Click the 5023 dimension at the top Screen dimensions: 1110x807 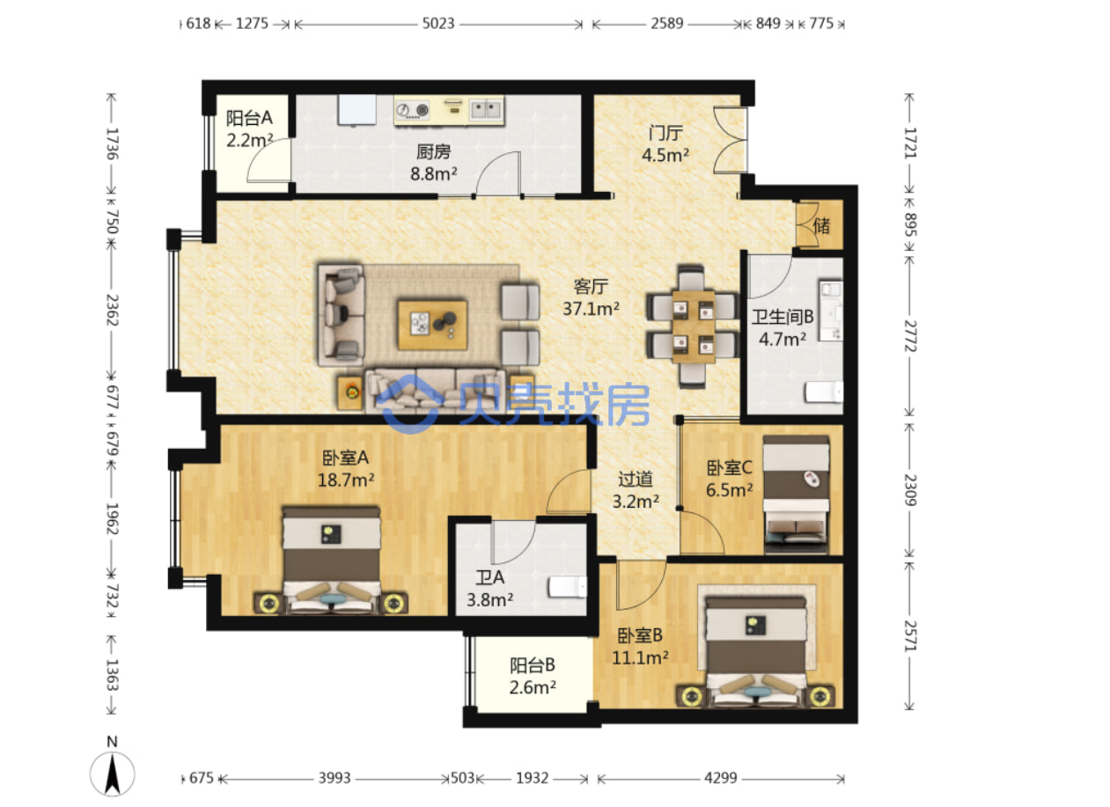(438, 23)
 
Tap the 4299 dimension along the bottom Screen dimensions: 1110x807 (721, 778)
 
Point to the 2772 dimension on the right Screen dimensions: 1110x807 (911, 336)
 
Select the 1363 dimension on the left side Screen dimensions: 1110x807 (112, 675)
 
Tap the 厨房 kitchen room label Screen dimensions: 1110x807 (434, 151)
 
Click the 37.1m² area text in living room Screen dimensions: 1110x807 (591, 309)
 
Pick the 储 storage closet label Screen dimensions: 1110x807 (821, 226)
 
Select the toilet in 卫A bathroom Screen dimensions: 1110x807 (568, 587)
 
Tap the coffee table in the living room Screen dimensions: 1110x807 (432, 325)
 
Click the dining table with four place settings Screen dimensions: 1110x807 (694, 327)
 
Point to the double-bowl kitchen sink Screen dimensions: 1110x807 (486, 109)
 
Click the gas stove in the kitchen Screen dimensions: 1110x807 (413, 109)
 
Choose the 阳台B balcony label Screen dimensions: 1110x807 (533, 664)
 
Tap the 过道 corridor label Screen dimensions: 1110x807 (636, 479)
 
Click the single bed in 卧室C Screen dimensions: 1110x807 (796, 495)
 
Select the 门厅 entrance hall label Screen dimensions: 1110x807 (665, 133)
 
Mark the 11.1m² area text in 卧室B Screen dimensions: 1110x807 (640, 658)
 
